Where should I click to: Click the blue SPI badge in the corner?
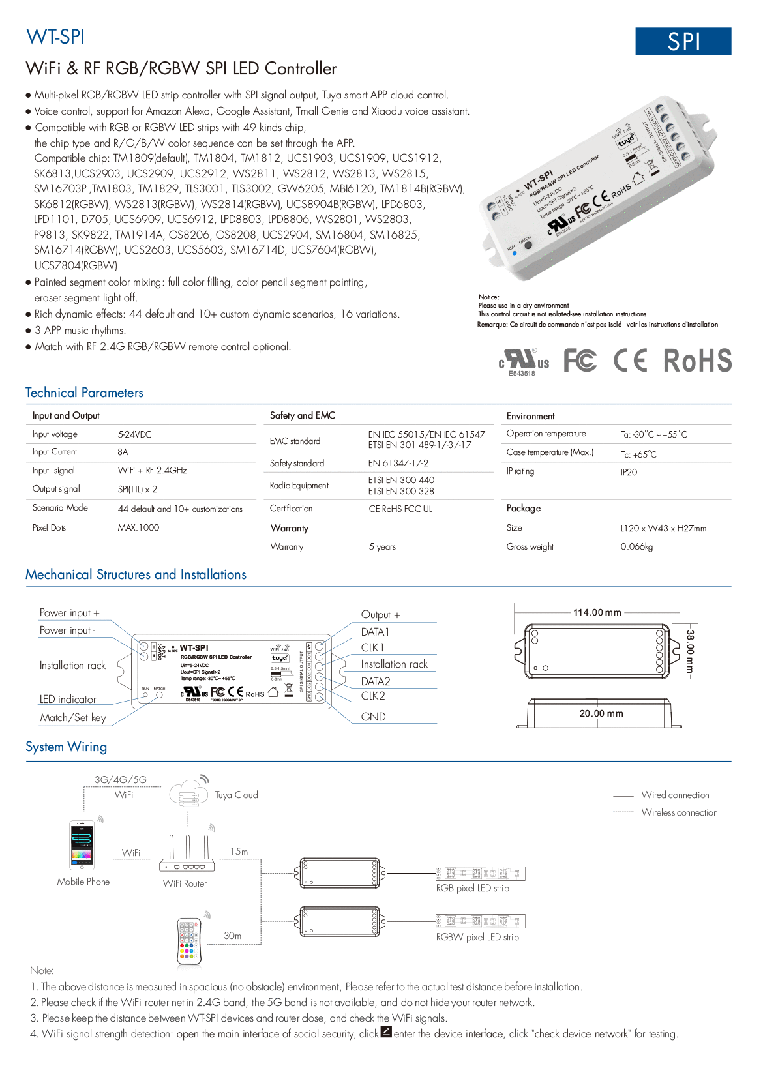(x=683, y=42)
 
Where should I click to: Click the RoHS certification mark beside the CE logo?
(x=697, y=361)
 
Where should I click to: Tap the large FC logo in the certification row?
(x=580, y=361)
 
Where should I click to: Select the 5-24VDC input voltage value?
(x=134, y=434)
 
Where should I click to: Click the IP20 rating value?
(x=629, y=472)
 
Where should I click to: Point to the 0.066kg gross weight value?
(x=636, y=547)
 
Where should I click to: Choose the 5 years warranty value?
(x=382, y=547)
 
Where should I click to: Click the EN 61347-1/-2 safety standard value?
(x=398, y=464)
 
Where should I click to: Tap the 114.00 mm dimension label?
(x=597, y=612)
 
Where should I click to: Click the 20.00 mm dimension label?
(x=601, y=713)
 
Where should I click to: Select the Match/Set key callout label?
(x=72, y=717)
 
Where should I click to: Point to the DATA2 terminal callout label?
(x=376, y=681)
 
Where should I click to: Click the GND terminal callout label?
(x=373, y=717)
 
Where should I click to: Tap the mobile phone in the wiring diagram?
(x=82, y=844)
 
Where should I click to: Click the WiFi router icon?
(x=187, y=854)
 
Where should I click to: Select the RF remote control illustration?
(x=188, y=941)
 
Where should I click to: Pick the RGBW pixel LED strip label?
(x=477, y=937)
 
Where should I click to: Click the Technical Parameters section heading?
(x=84, y=393)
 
